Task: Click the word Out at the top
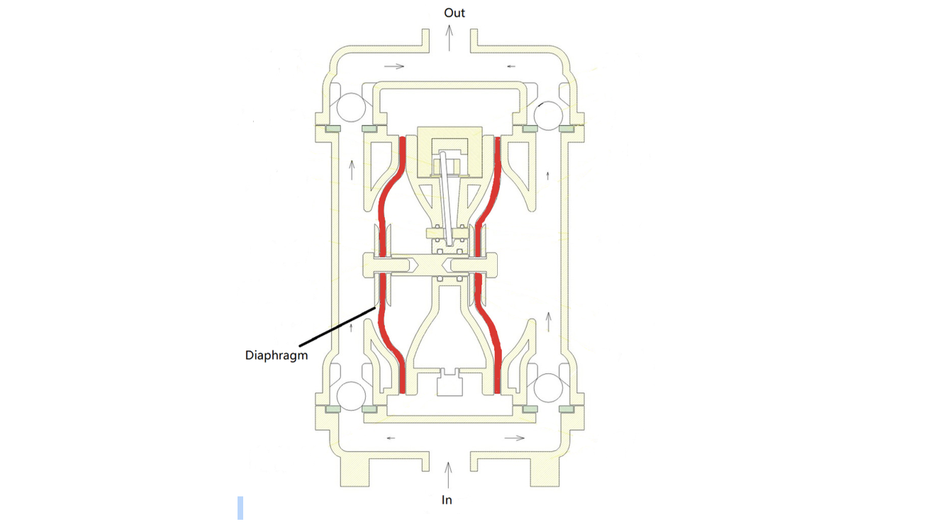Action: [x=454, y=13]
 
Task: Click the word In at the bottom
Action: [x=447, y=500]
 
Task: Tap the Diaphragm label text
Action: [x=276, y=355]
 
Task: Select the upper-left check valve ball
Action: [x=351, y=108]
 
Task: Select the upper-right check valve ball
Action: [x=548, y=115]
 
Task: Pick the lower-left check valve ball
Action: [x=351, y=396]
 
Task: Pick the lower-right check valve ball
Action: [x=548, y=388]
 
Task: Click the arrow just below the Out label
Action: [x=450, y=38]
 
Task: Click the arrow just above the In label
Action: [x=448, y=475]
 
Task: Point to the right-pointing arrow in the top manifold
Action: [x=394, y=66]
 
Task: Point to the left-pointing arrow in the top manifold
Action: [x=511, y=66]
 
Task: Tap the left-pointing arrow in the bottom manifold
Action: [x=391, y=438]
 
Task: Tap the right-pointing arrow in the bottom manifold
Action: [x=515, y=438]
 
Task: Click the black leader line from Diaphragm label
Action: [x=338, y=326]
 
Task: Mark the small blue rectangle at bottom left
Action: [x=240, y=508]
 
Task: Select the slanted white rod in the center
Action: [x=446, y=199]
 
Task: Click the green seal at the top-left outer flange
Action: [x=333, y=129]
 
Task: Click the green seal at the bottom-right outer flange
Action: [x=567, y=409]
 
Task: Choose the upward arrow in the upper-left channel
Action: [x=352, y=170]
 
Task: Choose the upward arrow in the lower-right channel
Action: [x=549, y=322]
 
